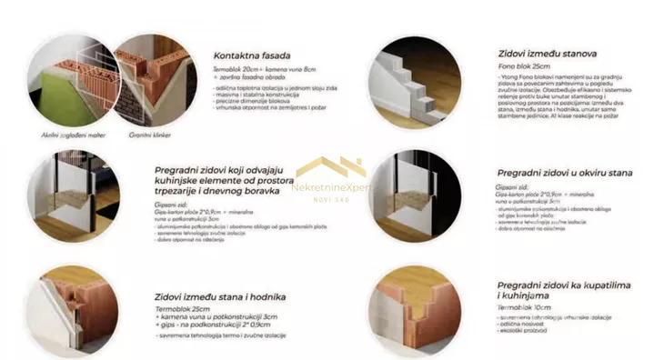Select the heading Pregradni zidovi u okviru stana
pos(564,173)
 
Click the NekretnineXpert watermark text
pos(332,187)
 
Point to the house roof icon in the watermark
pos(331,167)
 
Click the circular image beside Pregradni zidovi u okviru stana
pos(414,195)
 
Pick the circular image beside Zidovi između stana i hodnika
pos(70,309)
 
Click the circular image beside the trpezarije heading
pos(71,195)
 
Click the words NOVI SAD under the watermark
pos(331,199)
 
